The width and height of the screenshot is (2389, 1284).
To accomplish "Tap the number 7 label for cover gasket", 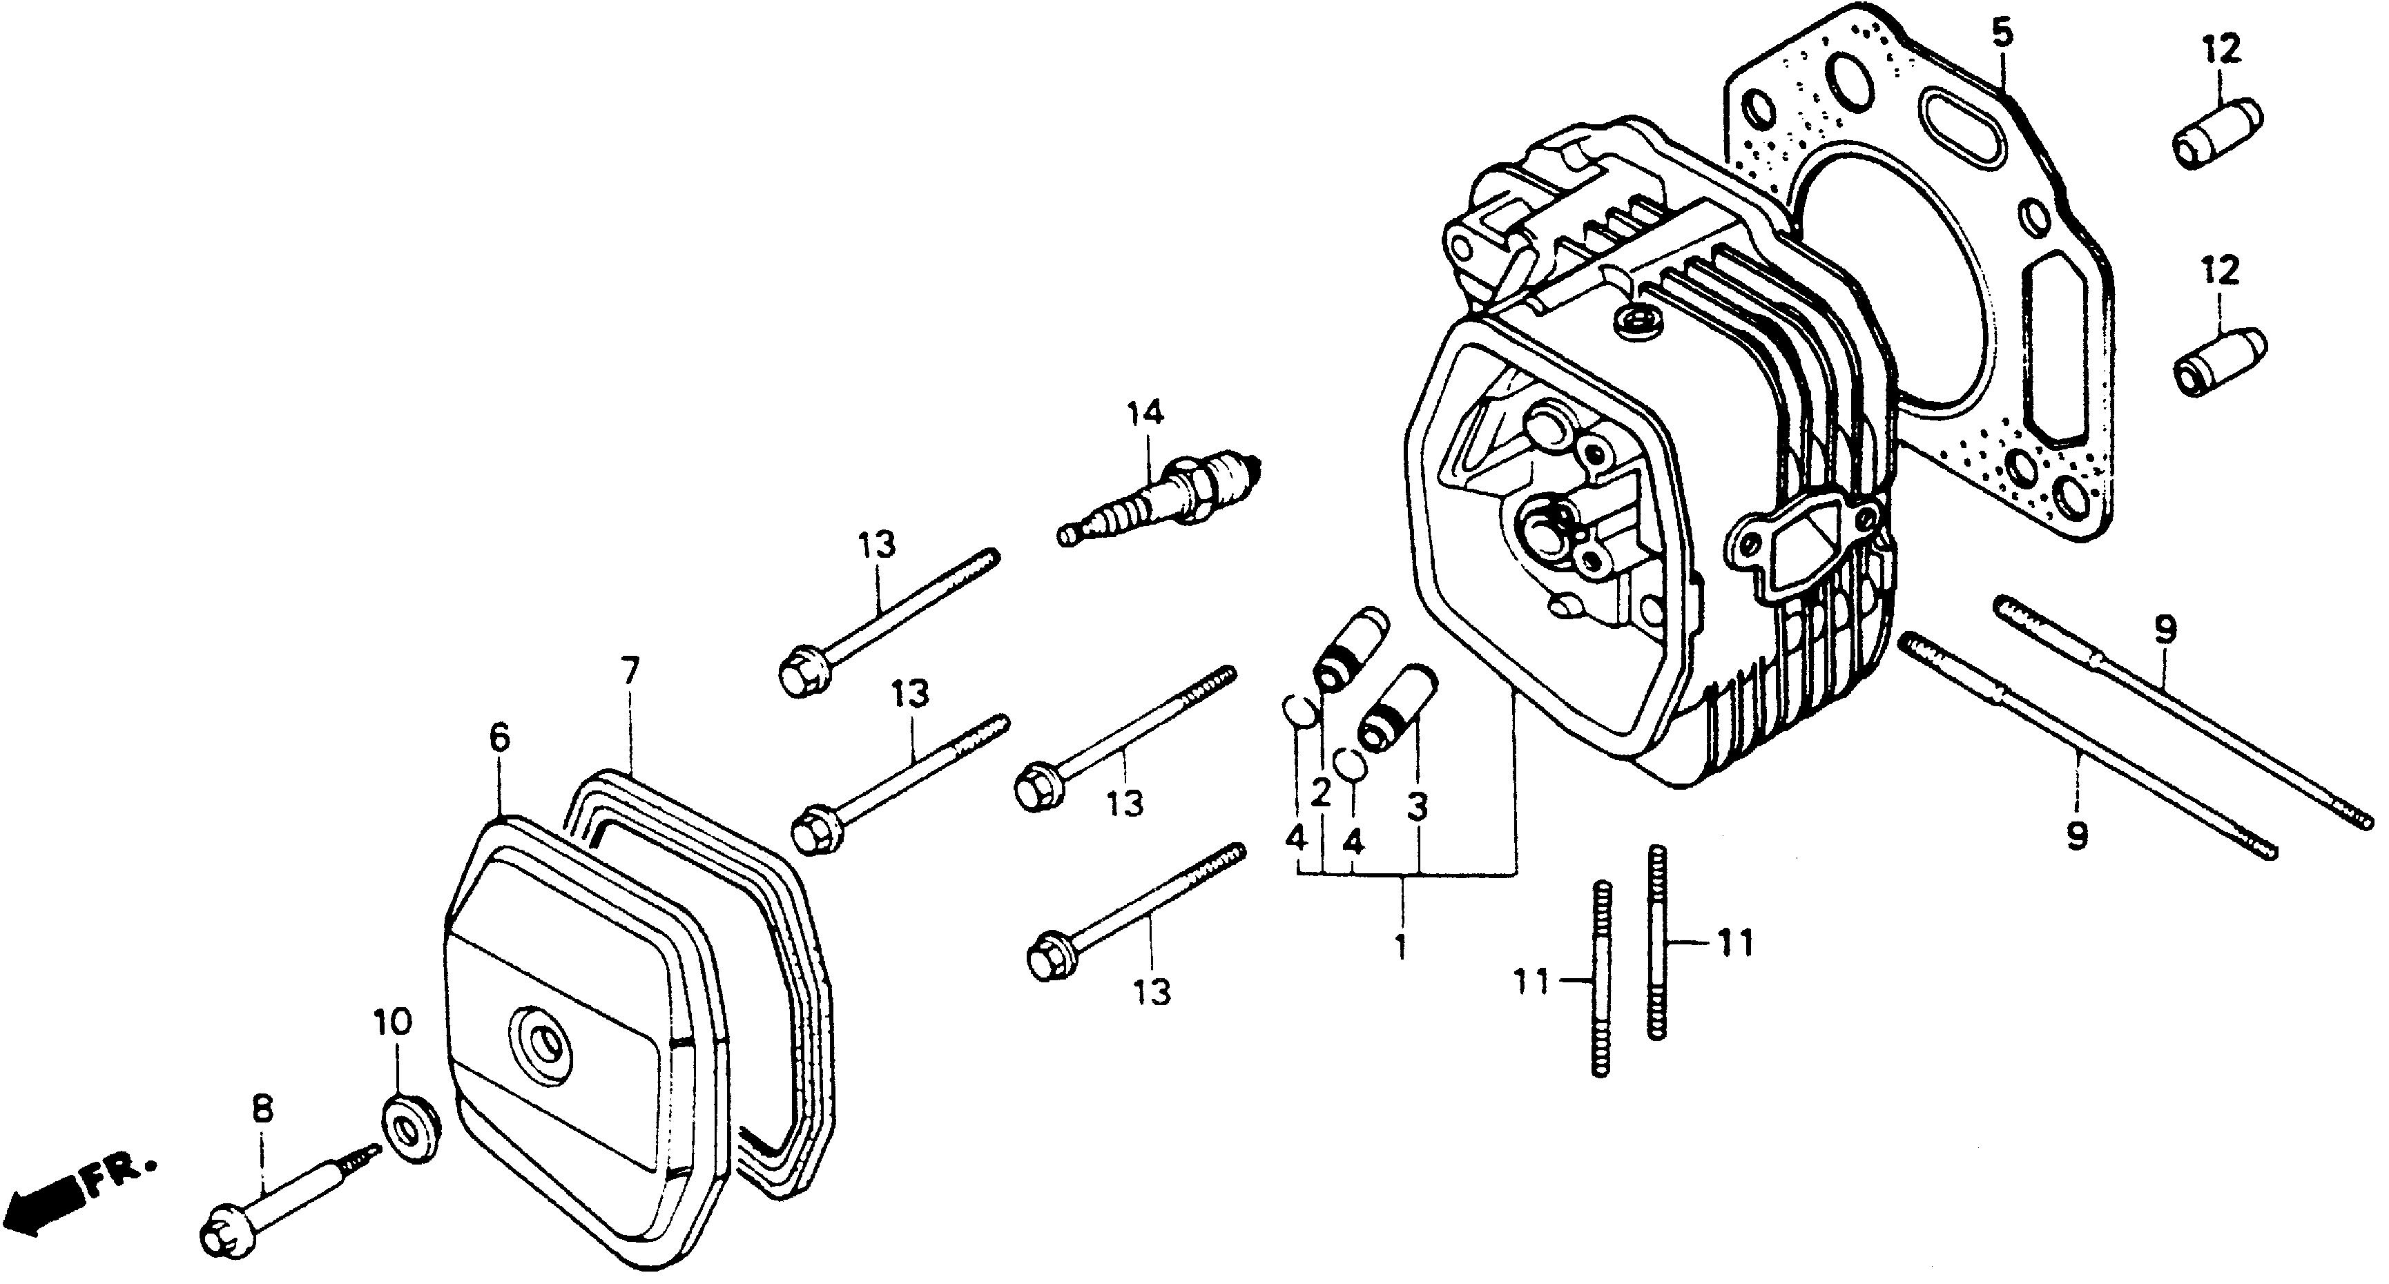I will tap(630, 670).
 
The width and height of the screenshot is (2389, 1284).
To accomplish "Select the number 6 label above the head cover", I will tap(499, 738).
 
